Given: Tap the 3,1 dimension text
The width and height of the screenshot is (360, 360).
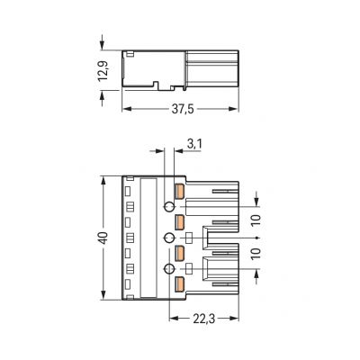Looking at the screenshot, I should click(194, 143).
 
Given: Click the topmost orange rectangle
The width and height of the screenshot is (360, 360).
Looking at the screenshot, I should click(180, 192).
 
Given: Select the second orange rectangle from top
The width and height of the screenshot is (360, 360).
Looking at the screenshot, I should click(180, 221).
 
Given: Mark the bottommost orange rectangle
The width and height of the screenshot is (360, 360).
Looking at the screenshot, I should click(180, 284).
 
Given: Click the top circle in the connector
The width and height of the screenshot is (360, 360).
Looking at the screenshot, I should click(167, 207).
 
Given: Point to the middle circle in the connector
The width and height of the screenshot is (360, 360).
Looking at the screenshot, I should click(167, 238).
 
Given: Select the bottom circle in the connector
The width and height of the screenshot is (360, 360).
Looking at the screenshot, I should click(167, 268).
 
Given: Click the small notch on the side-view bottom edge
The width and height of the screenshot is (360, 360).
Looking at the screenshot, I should click(158, 86).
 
